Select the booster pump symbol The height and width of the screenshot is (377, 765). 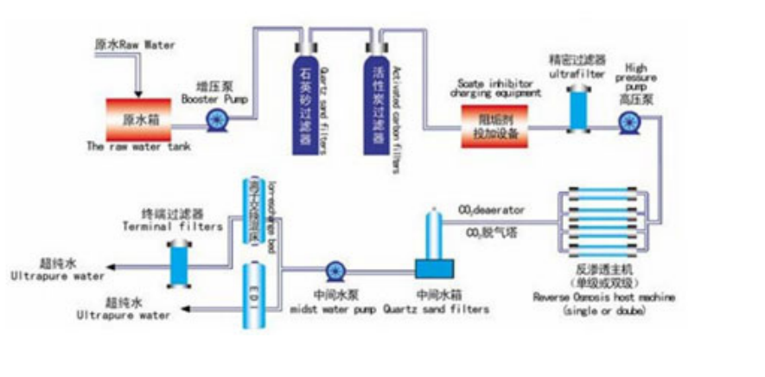[213, 122]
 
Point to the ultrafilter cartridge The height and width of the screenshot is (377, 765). [577, 107]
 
